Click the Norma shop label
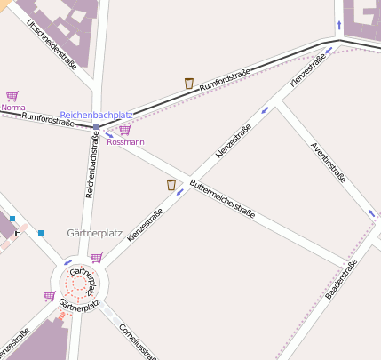point(12,108)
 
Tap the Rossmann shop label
point(125,141)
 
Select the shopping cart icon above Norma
point(12,96)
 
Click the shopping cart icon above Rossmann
point(124,130)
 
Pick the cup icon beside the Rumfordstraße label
point(189,84)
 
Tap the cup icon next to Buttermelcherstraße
point(171,185)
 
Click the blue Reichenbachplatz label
point(96,116)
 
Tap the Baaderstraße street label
point(341,279)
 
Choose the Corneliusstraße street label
point(136,339)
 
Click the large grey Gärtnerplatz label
point(94,233)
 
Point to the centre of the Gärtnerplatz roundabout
point(78,284)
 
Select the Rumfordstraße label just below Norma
point(47,118)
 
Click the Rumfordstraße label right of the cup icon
point(226,78)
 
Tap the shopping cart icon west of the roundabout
point(50,297)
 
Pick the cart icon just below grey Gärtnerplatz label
point(96,257)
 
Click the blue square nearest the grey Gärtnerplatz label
point(41,233)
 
